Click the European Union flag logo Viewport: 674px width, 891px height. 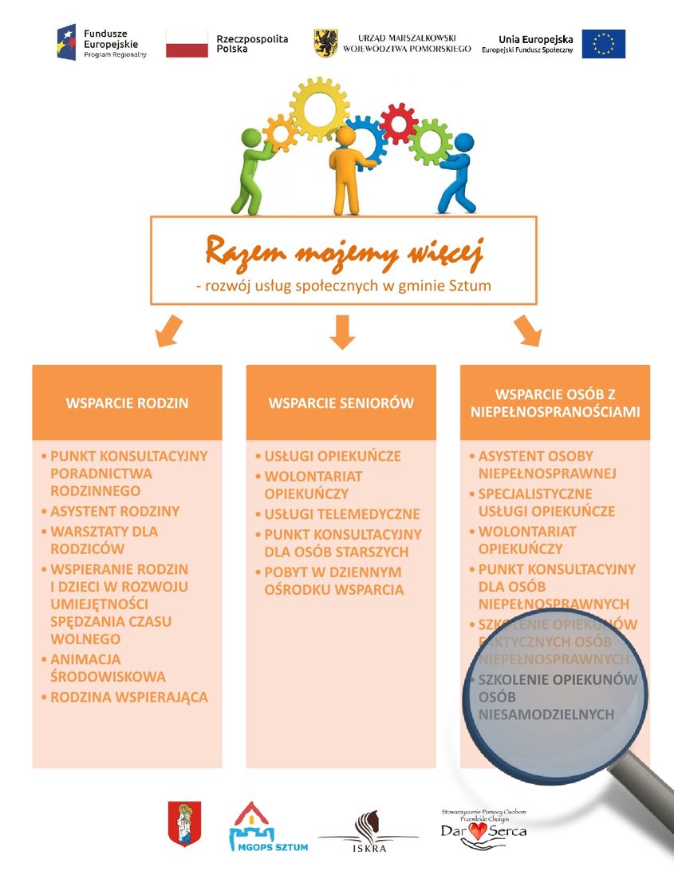pyautogui.click(x=604, y=45)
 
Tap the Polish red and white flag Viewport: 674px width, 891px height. pyautogui.click(x=187, y=44)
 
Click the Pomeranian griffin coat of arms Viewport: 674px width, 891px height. pyautogui.click(x=326, y=43)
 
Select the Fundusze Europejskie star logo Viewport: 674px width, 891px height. pyautogui.click(x=66, y=42)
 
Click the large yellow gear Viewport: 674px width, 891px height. pyautogui.click(x=319, y=109)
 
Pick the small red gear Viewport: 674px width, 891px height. pyautogui.click(x=399, y=123)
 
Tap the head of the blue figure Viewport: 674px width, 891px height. pyautogui.click(x=463, y=143)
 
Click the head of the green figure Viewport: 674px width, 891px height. pyautogui.click(x=250, y=138)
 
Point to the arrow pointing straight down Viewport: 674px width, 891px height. pyautogui.click(x=342, y=332)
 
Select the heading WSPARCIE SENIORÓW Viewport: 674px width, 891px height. pyautogui.click(x=341, y=403)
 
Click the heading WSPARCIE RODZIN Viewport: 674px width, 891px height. pyautogui.click(x=127, y=403)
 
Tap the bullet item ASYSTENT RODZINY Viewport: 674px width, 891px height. pyautogui.click(x=115, y=512)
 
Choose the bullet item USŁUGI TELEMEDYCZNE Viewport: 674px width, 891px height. pyautogui.click(x=342, y=514)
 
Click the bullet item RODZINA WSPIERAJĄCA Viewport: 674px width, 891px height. pyautogui.click(x=129, y=697)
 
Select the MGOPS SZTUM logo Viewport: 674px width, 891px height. pyautogui.click(x=268, y=826)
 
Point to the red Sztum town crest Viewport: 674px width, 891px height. pyautogui.click(x=184, y=824)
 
